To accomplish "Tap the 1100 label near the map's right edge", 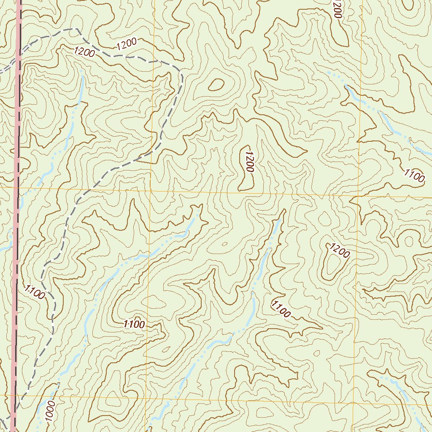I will [x=414, y=175].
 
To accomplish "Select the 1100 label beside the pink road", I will [x=34, y=292].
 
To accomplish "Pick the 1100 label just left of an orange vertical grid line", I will [x=134, y=324].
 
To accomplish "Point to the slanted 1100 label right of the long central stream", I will [x=281, y=309].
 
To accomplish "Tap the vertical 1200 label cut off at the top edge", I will [x=337, y=8].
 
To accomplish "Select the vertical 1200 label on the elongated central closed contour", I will [x=248, y=162].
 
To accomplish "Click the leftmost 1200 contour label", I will [x=84, y=52].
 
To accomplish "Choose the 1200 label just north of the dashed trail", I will [x=126, y=44].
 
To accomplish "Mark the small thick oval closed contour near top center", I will [x=216, y=85].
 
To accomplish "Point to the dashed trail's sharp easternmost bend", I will [x=181, y=76].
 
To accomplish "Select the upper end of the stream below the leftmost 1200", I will [x=81, y=71].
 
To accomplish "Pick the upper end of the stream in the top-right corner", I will [x=328, y=73].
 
